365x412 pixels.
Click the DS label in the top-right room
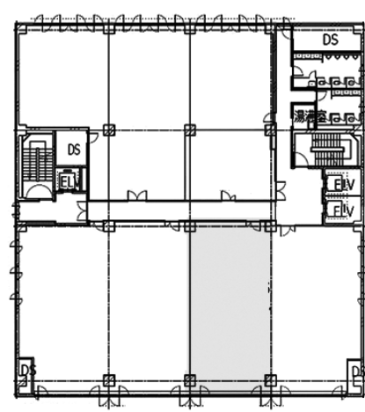pos(330,40)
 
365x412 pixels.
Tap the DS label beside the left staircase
pos(73,150)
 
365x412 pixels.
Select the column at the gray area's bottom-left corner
pos(189,380)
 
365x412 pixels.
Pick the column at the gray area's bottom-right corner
pos(270,380)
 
